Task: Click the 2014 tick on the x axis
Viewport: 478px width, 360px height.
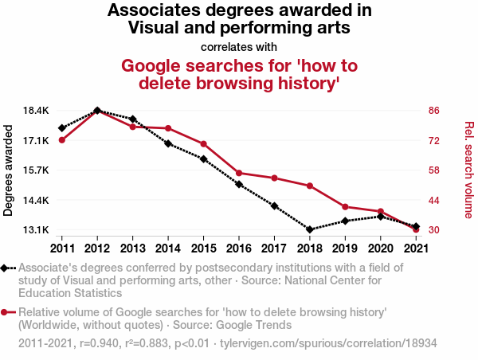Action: [168, 247]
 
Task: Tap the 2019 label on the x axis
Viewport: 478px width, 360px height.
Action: [345, 247]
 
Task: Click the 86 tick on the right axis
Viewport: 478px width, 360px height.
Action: [433, 110]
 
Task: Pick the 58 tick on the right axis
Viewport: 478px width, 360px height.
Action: [433, 170]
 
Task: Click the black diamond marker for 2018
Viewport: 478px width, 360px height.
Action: [309, 229]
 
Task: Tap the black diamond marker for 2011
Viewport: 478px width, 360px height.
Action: [61, 128]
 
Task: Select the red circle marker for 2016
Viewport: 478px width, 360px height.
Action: [239, 173]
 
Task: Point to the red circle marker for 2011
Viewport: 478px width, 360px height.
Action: [61, 140]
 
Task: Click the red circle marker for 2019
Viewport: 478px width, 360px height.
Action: [345, 207]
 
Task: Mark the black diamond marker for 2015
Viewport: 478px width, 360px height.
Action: [203, 159]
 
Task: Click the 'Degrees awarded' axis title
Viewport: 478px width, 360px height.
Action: [9, 170]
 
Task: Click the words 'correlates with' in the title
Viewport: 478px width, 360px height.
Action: [239, 47]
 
